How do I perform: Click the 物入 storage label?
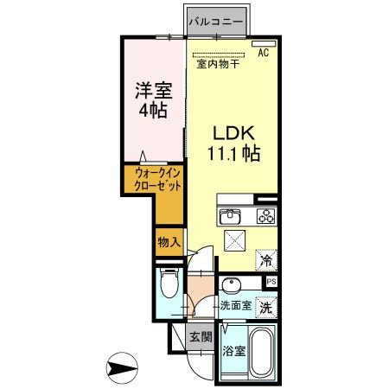tap(169, 242)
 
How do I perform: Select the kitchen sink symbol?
tap(229, 216)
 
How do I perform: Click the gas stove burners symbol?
tap(263, 216)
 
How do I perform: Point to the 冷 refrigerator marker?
tap(267, 258)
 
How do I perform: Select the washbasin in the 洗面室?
tap(229, 286)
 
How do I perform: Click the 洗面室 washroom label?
tap(234, 305)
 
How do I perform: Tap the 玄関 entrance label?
tap(201, 337)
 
